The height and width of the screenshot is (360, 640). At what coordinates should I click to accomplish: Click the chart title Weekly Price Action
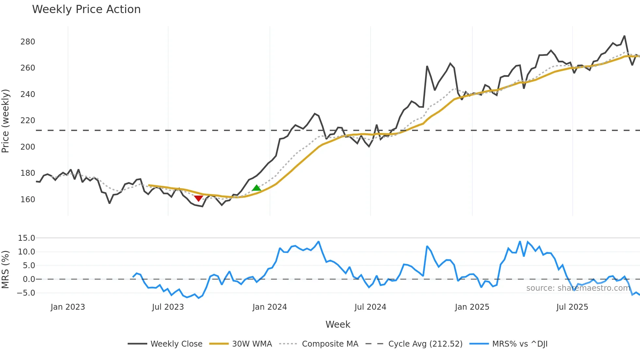click(86, 9)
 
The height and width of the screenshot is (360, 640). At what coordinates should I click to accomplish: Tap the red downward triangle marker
click(198, 198)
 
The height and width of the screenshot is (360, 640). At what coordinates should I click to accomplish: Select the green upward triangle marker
click(256, 188)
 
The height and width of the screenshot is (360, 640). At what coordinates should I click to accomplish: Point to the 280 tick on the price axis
click(28, 42)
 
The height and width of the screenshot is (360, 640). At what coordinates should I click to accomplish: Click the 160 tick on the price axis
click(28, 199)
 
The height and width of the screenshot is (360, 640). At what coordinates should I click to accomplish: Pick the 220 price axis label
click(28, 121)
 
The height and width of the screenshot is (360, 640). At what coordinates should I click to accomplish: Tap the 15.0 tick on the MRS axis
click(26, 238)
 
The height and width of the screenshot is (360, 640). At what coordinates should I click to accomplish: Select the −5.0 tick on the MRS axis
click(26, 293)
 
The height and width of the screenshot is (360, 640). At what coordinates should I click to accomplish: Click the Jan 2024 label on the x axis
click(270, 307)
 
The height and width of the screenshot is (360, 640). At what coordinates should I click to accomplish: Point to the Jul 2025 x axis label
click(572, 307)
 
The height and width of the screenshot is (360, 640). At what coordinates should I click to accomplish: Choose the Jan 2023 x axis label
click(68, 307)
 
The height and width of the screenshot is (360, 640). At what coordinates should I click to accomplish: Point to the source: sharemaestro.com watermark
click(578, 288)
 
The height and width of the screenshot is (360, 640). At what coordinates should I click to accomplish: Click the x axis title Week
click(338, 324)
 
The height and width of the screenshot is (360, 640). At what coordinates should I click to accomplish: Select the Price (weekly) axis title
click(6, 121)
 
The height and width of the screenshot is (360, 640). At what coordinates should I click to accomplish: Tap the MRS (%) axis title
click(6, 270)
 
